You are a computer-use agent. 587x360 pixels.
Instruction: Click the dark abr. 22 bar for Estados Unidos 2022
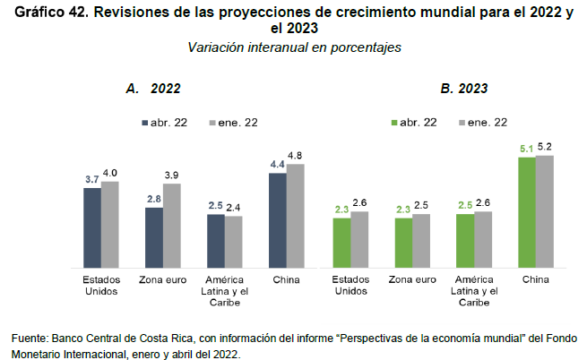[x=91, y=227]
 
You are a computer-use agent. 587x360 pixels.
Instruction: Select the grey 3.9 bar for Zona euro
[x=171, y=225]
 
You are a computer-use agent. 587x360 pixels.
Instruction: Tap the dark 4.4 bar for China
[x=278, y=220]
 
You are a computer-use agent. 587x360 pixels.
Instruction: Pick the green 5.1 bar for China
[x=527, y=212]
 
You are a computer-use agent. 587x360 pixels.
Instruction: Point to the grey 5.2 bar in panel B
[x=544, y=211]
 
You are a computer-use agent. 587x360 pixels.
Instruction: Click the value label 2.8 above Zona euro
[x=153, y=199]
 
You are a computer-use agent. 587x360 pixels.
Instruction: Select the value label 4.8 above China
[x=295, y=155]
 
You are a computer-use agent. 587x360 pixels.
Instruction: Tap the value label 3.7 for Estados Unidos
[x=91, y=179]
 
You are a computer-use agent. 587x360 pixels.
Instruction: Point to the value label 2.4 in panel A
[x=234, y=207]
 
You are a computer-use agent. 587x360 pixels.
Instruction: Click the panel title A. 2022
[x=153, y=89]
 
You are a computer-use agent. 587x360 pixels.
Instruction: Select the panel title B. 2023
[x=463, y=89]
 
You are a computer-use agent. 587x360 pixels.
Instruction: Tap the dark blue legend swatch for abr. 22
[x=143, y=122]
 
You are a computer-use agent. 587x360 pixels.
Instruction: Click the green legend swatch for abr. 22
[x=394, y=122]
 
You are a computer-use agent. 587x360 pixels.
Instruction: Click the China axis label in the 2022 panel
[x=287, y=280]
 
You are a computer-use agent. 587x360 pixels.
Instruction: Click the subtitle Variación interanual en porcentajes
[x=294, y=47]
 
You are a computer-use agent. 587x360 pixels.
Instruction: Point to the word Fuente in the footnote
[x=31, y=338]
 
